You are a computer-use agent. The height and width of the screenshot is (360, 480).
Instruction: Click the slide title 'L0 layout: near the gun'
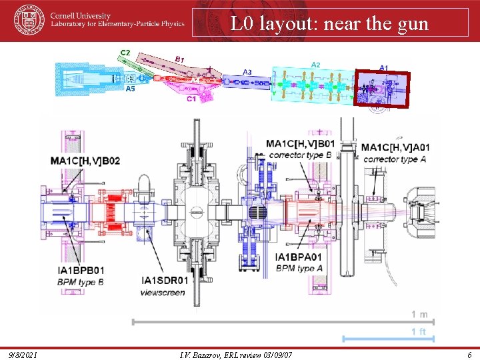tap(329, 24)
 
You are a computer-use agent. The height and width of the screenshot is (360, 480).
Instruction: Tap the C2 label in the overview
tap(125, 52)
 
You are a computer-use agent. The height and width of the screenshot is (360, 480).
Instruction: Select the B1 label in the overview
tap(179, 59)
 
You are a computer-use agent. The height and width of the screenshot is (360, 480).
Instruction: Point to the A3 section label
tap(247, 72)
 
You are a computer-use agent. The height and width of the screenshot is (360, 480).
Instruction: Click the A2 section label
tap(316, 65)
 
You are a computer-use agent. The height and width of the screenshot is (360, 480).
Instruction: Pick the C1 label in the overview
tap(191, 99)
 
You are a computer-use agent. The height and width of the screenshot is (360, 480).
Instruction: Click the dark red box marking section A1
tap(382, 89)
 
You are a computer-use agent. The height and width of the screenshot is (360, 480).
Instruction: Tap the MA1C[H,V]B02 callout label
tap(85, 161)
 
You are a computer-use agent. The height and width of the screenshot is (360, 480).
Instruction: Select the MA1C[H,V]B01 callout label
tap(300, 143)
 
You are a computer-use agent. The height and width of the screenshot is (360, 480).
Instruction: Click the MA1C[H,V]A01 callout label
tap(396, 147)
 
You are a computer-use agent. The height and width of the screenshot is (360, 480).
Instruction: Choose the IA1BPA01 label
tap(299, 257)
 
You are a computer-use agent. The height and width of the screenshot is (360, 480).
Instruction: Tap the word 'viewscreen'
tap(163, 292)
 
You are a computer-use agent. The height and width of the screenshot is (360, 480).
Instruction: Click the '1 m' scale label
tap(419, 314)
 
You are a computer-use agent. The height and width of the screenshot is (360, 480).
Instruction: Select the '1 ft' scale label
tap(419, 331)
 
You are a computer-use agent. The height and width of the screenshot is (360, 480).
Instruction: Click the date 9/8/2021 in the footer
tap(23, 354)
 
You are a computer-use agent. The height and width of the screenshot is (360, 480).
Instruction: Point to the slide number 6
tap(469, 354)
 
